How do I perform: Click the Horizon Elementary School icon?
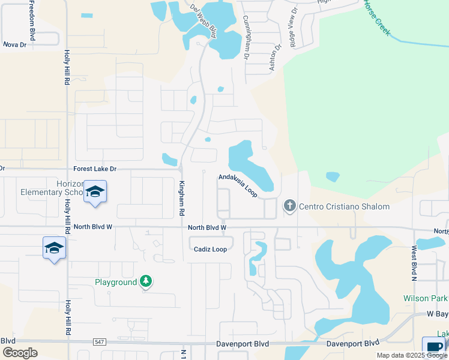(x=95, y=191)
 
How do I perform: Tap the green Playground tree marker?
(x=145, y=281)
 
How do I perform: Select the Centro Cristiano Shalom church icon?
(x=290, y=206)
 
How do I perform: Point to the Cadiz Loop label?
(x=211, y=249)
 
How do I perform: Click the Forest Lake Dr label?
(x=95, y=169)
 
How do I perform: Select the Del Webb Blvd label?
(x=202, y=22)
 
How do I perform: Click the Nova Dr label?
(x=15, y=44)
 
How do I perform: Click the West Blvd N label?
(x=414, y=263)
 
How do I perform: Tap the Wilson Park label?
(x=426, y=298)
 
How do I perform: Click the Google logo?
(x=20, y=352)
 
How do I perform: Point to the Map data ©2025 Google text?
(x=411, y=355)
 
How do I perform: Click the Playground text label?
(x=116, y=282)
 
